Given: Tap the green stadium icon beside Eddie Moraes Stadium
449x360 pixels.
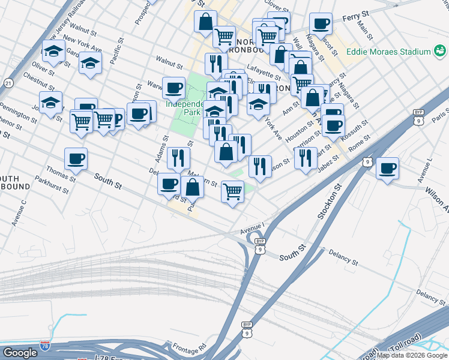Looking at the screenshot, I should click(x=426, y=52).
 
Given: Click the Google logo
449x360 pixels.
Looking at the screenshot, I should click(x=20, y=353).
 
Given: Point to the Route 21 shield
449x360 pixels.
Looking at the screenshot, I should click(x=8, y=82).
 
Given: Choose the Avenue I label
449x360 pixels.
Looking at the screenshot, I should click(x=252, y=227).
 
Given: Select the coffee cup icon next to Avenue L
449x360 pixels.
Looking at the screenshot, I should click(x=388, y=167).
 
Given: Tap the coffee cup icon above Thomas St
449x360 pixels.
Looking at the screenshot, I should click(x=76, y=159).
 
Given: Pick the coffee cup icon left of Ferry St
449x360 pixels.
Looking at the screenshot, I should click(x=321, y=24).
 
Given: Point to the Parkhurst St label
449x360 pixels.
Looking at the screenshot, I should click(x=52, y=179).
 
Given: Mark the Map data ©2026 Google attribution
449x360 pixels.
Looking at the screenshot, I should click(x=412, y=355).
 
